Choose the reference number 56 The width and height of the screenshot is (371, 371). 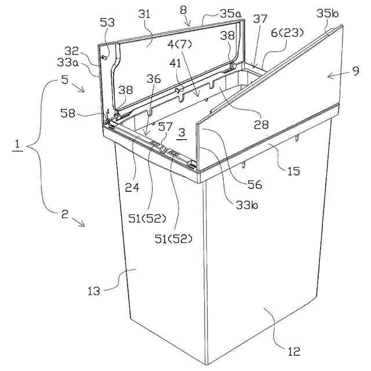(x=254, y=184)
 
